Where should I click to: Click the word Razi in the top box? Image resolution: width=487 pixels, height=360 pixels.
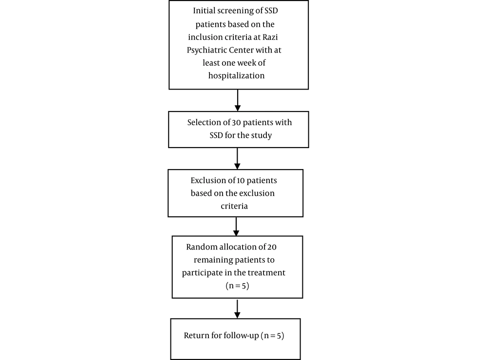pos(270,37)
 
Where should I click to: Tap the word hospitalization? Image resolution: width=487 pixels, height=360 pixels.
pos(236,76)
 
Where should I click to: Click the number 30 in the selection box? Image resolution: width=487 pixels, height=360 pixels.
pos(236,122)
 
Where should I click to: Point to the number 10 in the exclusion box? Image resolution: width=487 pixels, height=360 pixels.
pos(241,180)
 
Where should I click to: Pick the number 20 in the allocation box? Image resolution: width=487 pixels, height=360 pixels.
pos(272,247)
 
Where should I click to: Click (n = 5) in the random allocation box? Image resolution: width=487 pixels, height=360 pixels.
pos(237,286)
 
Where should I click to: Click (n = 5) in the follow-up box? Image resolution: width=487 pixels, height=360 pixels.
pos(272,336)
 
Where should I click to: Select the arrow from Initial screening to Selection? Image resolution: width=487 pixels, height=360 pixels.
pos(238,100)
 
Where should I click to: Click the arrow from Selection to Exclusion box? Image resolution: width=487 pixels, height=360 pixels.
pos(237,158)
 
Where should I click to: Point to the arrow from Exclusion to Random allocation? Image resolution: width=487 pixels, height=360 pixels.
pos(236,227)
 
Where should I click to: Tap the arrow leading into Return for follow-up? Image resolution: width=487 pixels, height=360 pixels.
pos(237,309)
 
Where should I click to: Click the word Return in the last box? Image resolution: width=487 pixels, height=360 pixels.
pos(197,336)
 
